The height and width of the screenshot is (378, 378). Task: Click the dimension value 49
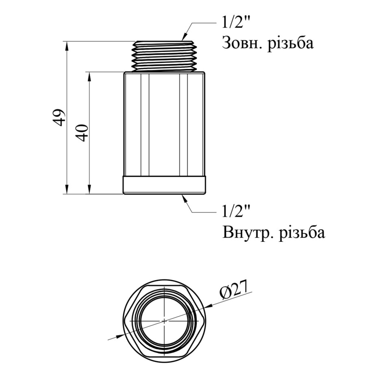tap(59, 117)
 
